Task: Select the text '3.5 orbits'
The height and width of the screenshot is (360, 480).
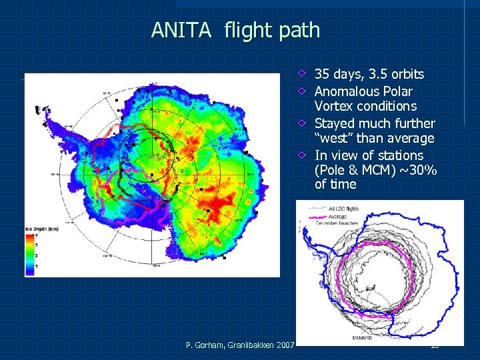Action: (397, 74)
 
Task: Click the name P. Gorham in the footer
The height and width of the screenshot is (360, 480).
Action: (206, 344)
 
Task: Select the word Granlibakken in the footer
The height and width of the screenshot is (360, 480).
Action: (251, 344)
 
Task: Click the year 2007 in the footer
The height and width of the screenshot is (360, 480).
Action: (285, 344)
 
